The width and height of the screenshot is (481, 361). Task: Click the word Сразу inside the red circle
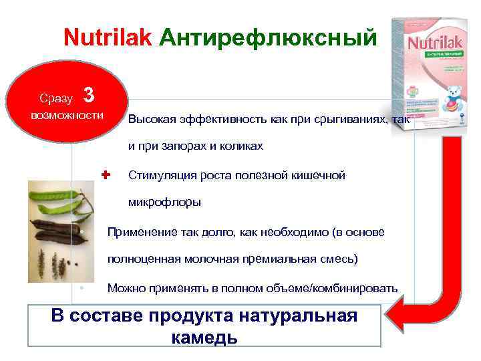(56, 99)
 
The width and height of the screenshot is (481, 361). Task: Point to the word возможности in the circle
(67, 116)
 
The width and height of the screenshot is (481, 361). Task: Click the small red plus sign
(105, 174)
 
